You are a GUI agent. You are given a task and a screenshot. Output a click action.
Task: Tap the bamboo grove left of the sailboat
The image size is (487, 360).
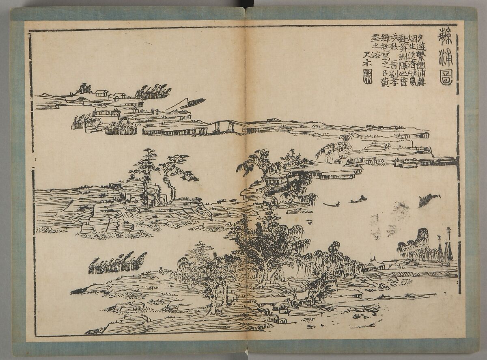pos(153,92)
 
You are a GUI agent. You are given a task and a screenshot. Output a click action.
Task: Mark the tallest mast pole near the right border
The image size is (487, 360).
pos(449,244)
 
